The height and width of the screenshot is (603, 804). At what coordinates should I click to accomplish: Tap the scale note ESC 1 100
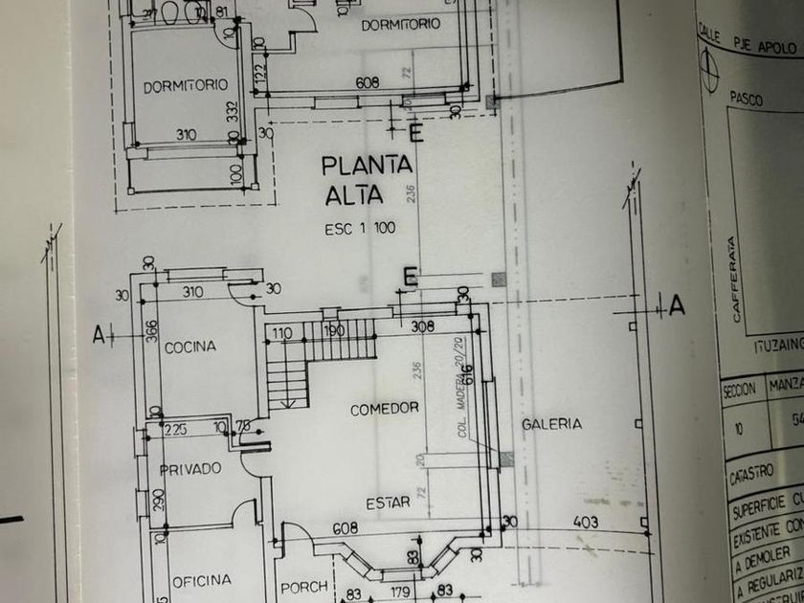(x=359, y=230)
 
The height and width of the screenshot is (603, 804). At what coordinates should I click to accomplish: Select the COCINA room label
(x=190, y=346)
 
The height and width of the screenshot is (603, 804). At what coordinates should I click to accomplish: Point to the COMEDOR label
(x=385, y=409)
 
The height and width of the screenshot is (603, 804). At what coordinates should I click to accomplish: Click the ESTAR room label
(x=388, y=502)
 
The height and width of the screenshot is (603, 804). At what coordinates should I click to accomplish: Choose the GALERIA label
(x=552, y=424)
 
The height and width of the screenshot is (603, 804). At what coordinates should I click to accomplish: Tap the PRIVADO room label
(x=190, y=468)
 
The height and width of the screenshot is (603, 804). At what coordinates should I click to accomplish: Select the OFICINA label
(x=201, y=580)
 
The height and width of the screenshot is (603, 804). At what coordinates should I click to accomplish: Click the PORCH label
(x=304, y=587)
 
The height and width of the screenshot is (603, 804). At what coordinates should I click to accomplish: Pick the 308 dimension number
(x=423, y=326)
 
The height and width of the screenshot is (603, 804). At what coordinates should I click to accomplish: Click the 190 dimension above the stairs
(x=333, y=332)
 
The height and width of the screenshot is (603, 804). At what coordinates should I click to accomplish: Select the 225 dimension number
(x=175, y=430)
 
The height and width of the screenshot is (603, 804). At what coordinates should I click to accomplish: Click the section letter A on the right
(x=677, y=306)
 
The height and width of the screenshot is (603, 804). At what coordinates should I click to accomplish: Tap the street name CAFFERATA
(x=734, y=282)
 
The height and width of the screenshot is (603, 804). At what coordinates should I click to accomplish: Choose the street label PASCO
(x=747, y=98)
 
